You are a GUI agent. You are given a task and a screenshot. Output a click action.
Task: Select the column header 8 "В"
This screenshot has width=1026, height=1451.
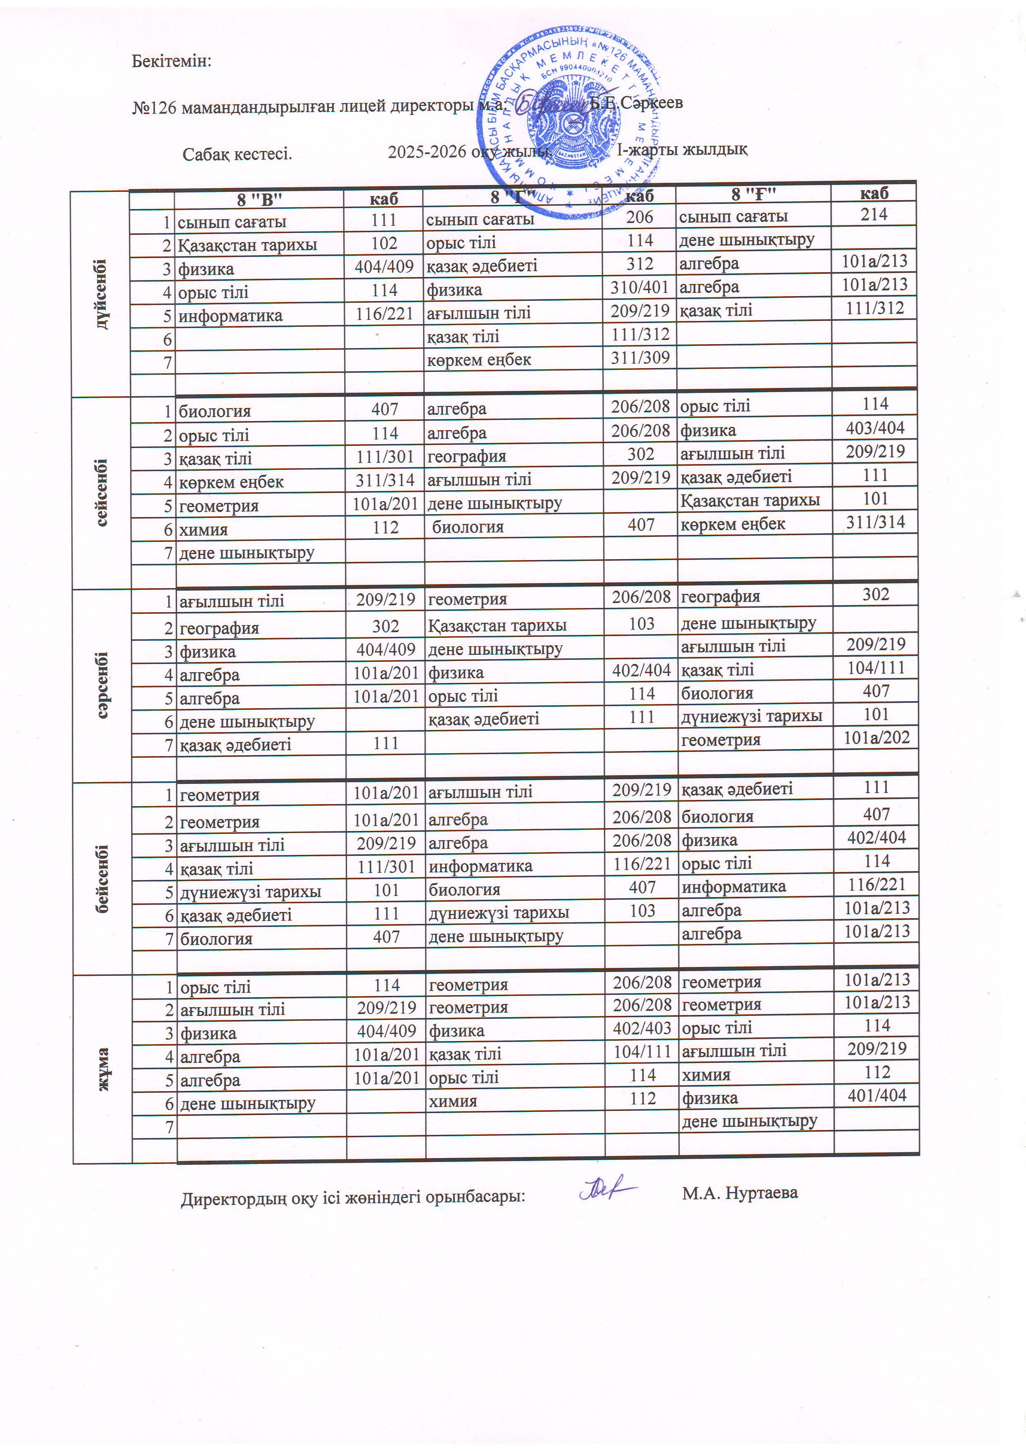[259, 200]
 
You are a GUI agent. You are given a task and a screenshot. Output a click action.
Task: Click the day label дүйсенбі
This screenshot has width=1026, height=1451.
[101, 295]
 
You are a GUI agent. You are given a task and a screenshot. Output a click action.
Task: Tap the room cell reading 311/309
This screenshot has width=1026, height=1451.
[640, 358]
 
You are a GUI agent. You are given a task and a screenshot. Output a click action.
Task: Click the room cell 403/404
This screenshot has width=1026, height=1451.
[875, 428]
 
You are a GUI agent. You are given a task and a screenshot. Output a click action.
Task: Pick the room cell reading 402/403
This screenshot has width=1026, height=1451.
[642, 1028]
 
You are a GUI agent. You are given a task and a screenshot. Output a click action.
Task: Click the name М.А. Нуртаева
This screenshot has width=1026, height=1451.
[740, 1193]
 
